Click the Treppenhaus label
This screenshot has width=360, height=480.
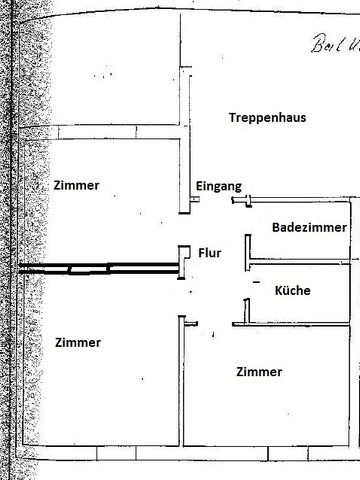pyautogui.click(x=266, y=117)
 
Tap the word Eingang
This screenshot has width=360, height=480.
pyautogui.click(x=218, y=187)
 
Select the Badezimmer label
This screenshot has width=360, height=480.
pyautogui.click(x=309, y=228)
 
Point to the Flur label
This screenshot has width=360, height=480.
pyautogui.click(x=209, y=254)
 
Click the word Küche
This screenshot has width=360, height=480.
pyautogui.click(x=292, y=291)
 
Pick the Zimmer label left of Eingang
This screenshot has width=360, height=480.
pyautogui.click(x=79, y=185)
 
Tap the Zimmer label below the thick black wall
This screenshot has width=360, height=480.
pyautogui.click(x=79, y=342)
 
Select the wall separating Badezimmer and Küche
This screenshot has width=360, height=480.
pyautogui.click(x=300, y=264)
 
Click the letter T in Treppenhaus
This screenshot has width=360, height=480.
pyautogui.click(x=232, y=117)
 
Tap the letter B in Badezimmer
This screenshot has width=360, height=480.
pyautogui.click(x=276, y=228)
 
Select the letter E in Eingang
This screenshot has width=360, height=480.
pyautogui.click(x=199, y=187)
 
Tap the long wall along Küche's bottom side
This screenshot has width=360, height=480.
pyautogui.click(x=295, y=323)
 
